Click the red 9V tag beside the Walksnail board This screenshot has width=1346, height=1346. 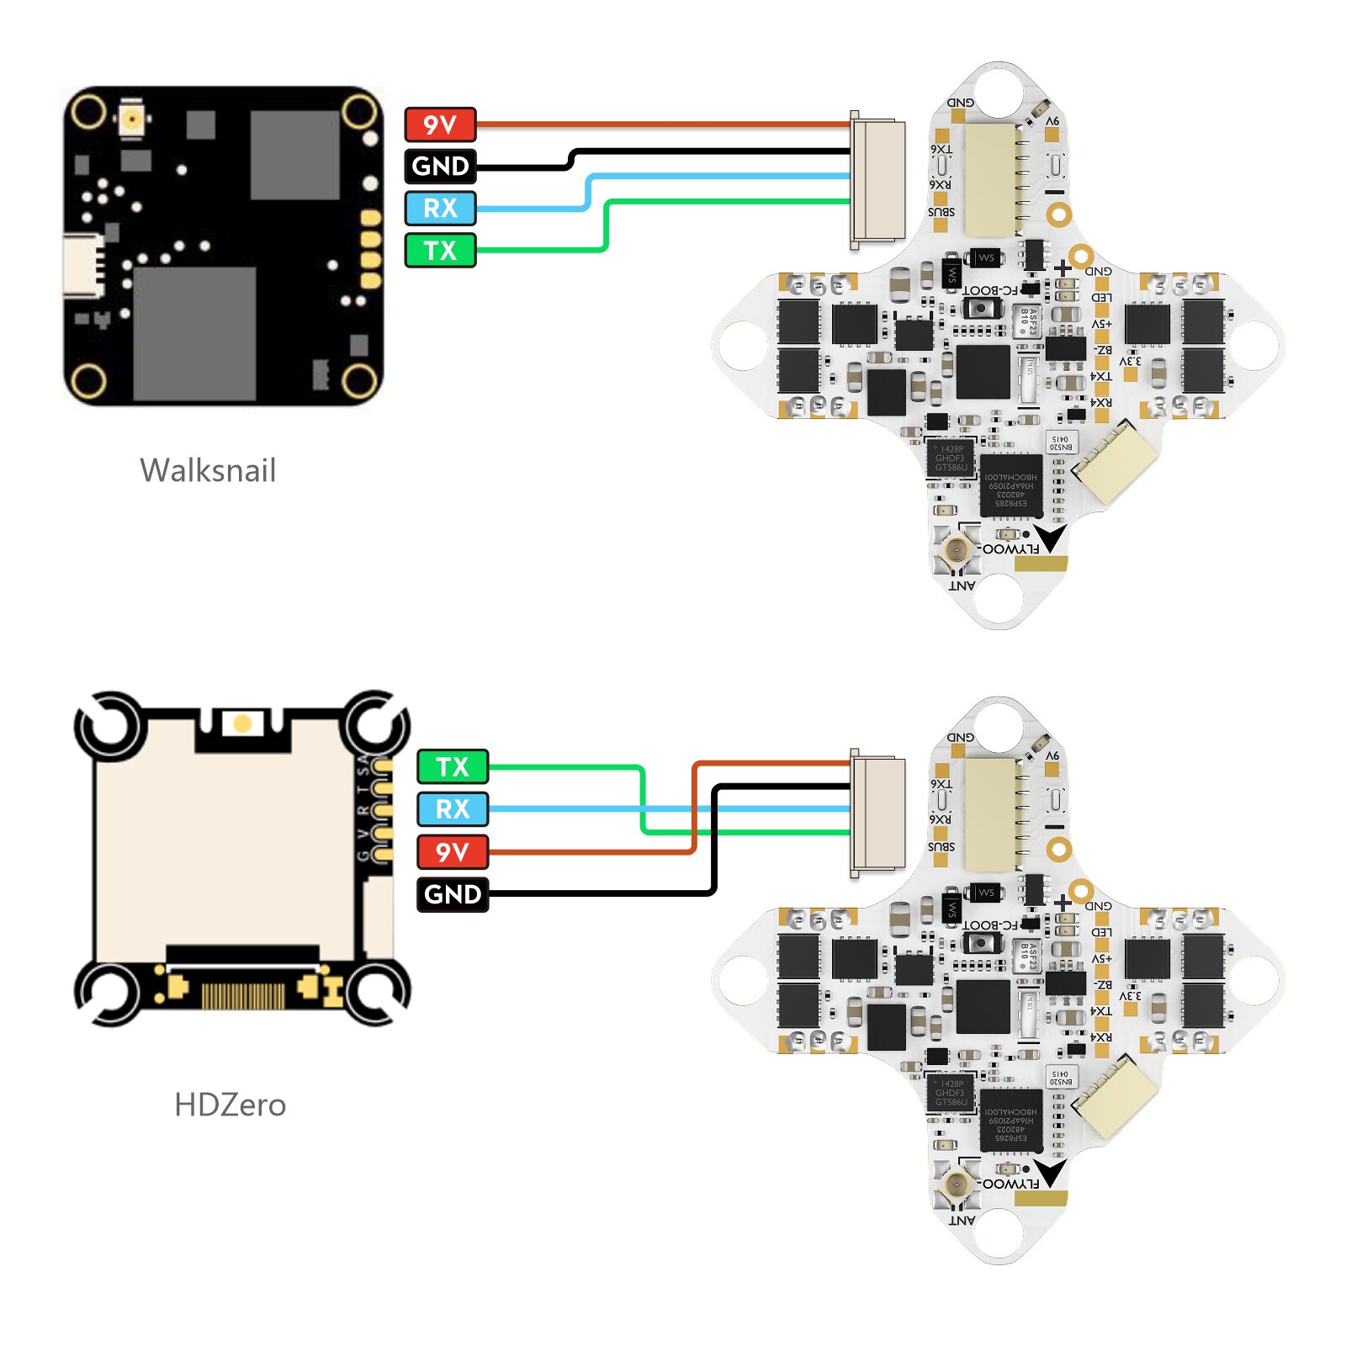(x=440, y=125)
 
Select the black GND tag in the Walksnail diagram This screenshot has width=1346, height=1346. (x=440, y=166)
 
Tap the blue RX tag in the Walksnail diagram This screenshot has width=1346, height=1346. (x=440, y=208)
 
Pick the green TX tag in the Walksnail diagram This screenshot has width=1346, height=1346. (x=440, y=250)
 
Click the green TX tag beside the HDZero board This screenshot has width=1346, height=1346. (x=453, y=766)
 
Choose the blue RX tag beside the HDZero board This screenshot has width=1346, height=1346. (x=453, y=808)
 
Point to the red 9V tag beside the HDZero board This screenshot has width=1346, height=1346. (x=453, y=851)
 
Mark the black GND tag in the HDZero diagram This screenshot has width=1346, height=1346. (x=453, y=893)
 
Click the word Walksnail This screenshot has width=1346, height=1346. (x=208, y=470)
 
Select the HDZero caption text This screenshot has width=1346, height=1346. (x=230, y=1105)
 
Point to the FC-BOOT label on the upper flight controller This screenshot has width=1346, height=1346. (x=990, y=290)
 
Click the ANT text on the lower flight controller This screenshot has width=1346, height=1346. (x=962, y=1220)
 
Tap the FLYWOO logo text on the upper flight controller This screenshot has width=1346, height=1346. (x=1011, y=549)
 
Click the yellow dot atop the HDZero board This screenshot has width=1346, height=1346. (x=242, y=723)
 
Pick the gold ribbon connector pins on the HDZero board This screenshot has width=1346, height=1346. (x=242, y=996)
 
